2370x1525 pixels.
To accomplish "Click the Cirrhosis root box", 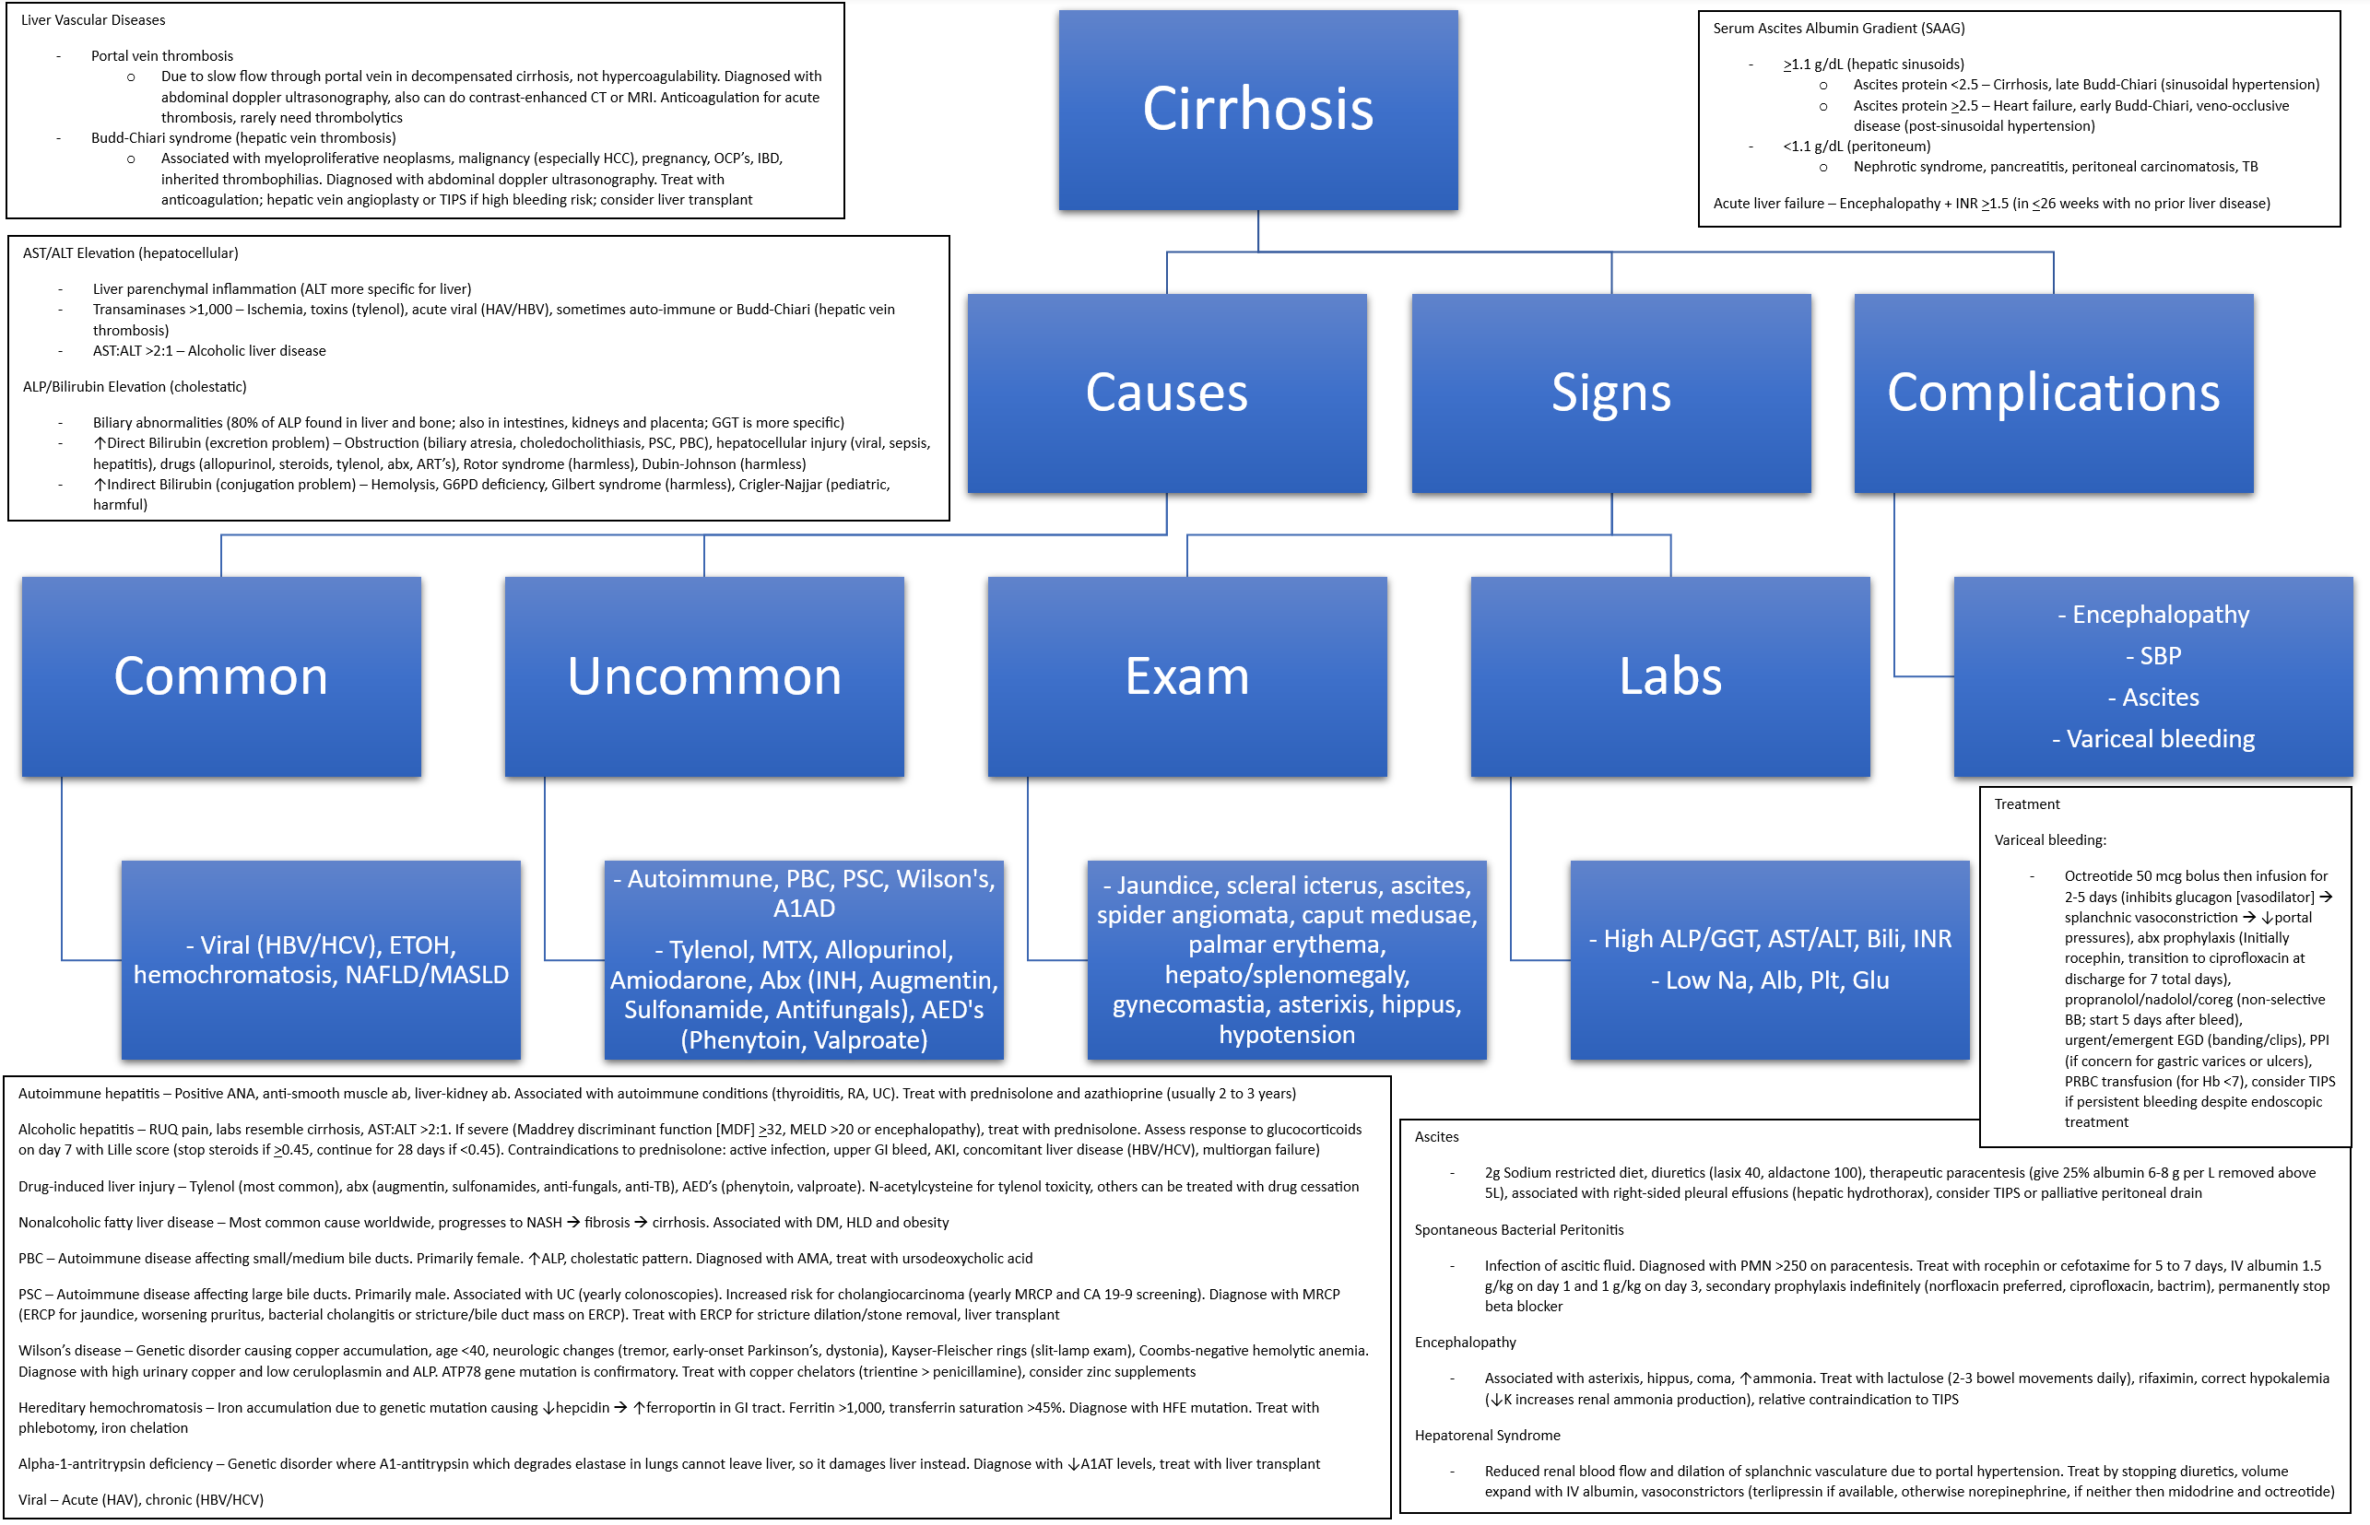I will [x=1256, y=109].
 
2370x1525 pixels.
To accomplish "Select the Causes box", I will [x=1166, y=393].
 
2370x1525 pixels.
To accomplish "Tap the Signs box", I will [x=1610, y=393].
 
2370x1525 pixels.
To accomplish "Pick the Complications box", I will [x=2052, y=393].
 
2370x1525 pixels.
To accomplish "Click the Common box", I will [x=221, y=676].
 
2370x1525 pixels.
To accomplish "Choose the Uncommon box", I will [x=703, y=676].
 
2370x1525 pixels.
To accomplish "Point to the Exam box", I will [x=1186, y=676].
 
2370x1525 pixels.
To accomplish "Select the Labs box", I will [x=1669, y=676].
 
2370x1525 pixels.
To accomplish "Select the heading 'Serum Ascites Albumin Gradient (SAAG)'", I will [x=1838, y=29].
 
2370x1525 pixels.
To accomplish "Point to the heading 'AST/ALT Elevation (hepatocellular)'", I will [x=131, y=253].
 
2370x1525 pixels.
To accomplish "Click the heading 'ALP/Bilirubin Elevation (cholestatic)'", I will [x=135, y=387].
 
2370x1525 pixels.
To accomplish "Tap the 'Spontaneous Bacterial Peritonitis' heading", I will [x=1518, y=1230].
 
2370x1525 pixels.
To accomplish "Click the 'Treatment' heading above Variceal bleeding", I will [x=2025, y=805].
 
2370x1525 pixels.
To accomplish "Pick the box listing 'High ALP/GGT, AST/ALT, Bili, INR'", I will [x=1769, y=959].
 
